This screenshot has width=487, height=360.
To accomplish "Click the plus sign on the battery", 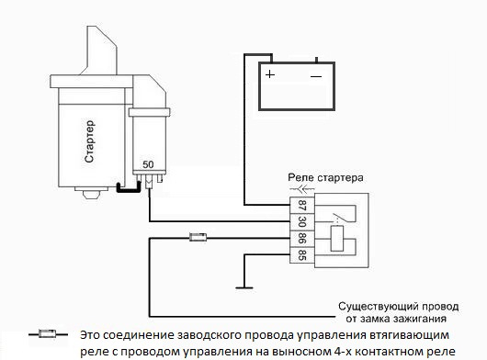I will (x=270, y=73).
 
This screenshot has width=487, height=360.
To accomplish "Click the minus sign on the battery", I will (x=315, y=73).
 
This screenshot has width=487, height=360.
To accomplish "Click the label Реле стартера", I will (x=326, y=176).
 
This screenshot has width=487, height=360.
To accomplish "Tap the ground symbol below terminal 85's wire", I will (x=241, y=287).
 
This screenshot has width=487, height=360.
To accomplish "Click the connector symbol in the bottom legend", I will (x=43, y=334).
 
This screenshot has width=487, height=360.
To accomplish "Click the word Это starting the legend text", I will (x=91, y=334).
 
